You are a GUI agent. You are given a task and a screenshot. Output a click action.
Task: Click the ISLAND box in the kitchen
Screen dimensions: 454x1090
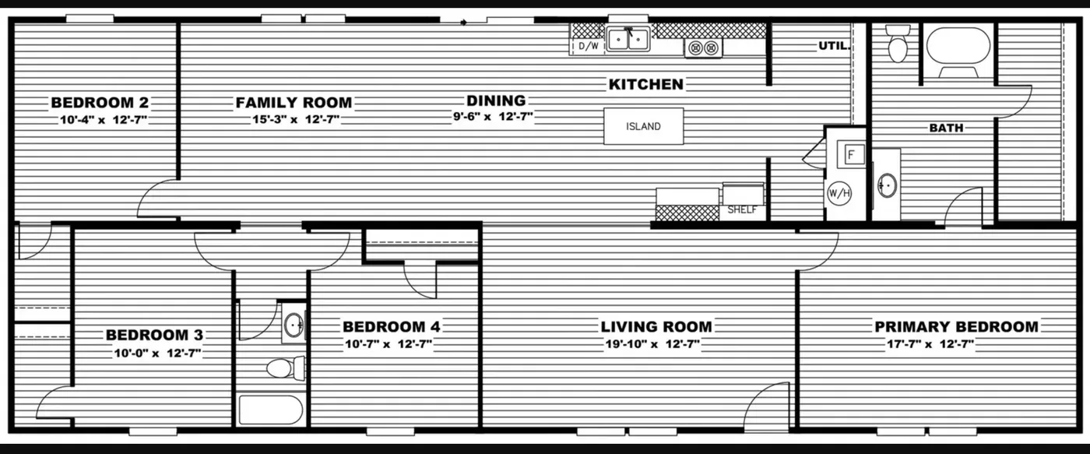coord(644,126)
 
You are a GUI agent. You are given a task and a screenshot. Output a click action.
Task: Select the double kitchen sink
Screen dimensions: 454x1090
coord(628,38)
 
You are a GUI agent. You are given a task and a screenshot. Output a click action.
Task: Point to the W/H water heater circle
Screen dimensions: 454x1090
coord(839,192)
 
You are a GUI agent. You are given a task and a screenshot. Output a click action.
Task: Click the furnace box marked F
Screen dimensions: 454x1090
coord(851,154)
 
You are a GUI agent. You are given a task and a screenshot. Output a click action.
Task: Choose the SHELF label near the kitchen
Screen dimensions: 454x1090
coord(742,209)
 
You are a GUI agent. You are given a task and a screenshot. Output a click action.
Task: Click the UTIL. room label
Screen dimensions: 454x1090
coord(832,46)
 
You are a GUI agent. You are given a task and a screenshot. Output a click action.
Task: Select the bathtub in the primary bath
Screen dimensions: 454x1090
coord(958,46)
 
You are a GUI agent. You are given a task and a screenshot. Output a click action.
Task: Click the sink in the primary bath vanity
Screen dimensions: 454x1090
coord(886,185)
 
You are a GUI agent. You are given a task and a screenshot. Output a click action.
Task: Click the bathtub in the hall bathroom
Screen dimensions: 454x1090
coord(270,410)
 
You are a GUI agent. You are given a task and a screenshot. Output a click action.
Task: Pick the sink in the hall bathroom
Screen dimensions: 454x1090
coord(294,326)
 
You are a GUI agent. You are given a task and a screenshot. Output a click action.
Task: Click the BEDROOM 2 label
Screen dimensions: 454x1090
coord(100,102)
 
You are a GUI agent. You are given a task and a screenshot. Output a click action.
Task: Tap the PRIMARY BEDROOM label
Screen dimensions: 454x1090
coord(956,326)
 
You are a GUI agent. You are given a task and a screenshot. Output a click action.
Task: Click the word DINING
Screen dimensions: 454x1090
coord(496,100)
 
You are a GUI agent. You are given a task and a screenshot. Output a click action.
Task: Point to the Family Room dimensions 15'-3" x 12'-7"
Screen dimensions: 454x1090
coord(294,119)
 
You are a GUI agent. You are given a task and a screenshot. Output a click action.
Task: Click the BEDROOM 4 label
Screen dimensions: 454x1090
coord(396,326)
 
